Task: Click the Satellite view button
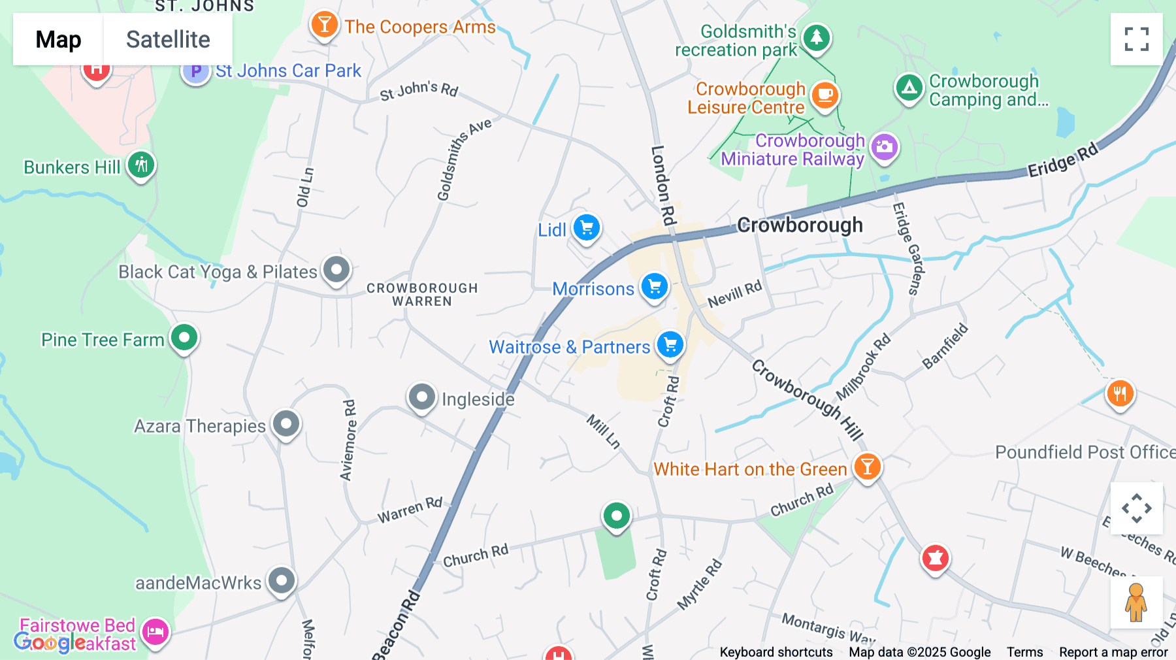(168, 39)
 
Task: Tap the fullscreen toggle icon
(1136, 39)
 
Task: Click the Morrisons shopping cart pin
(654, 287)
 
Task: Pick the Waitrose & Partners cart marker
(670, 344)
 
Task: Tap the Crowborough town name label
(800, 225)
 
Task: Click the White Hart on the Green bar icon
(867, 467)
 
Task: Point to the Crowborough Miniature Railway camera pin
(884, 147)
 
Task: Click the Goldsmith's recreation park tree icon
(816, 37)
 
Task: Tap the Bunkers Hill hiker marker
(141, 165)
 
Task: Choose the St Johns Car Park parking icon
(195, 71)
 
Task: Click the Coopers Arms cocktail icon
(324, 25)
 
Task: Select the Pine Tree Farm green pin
(184, 338)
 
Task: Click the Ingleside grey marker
(422, 397)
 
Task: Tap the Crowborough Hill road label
(807, 400)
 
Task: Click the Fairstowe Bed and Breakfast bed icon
(155, 632)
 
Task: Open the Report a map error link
(1113, 652)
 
